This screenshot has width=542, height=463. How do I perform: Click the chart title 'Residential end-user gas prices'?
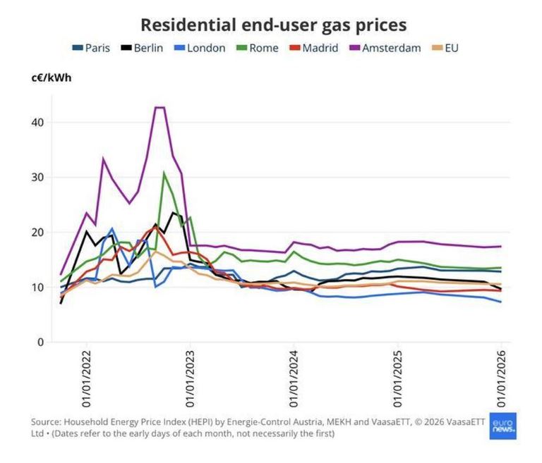click(273, 25)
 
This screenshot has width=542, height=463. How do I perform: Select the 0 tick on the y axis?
click(40, 342)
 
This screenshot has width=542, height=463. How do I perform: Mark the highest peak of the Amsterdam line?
click(159, 107)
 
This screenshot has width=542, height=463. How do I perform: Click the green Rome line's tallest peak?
click(164, 172)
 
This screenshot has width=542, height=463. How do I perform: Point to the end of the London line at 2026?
click(501, 302)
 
